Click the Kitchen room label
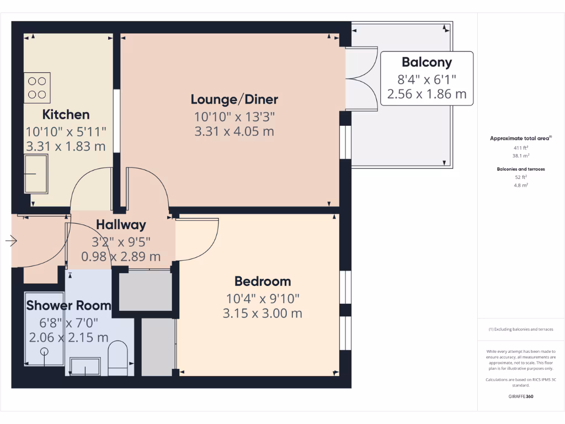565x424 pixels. [x=66, y=115]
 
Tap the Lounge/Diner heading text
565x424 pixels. [x=234, y=99]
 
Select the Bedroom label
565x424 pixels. [x=263, y=281]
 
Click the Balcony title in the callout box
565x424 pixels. [x=427, y=62]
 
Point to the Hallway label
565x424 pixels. [x=121, y=225]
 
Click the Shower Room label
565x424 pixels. [x=68, y=305]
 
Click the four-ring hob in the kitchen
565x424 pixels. [x=37, y=88]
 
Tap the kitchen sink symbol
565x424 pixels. [x=36, y=174]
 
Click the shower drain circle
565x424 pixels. [x=44, y=352]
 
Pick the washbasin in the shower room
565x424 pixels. [x=85, y=365]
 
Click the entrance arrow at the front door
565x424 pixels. [x=11, y=241]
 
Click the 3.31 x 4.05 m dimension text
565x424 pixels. [x=234, y=131]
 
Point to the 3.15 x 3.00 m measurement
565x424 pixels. [x=263, y=314]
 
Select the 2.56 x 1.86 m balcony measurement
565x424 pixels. [x=427, y=94]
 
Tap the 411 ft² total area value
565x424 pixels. [x=521, y=148]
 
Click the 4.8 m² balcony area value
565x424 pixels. [x=521, y=185]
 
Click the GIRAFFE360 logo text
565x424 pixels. [x=521, y=396]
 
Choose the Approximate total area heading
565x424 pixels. [x=520, y=139]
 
